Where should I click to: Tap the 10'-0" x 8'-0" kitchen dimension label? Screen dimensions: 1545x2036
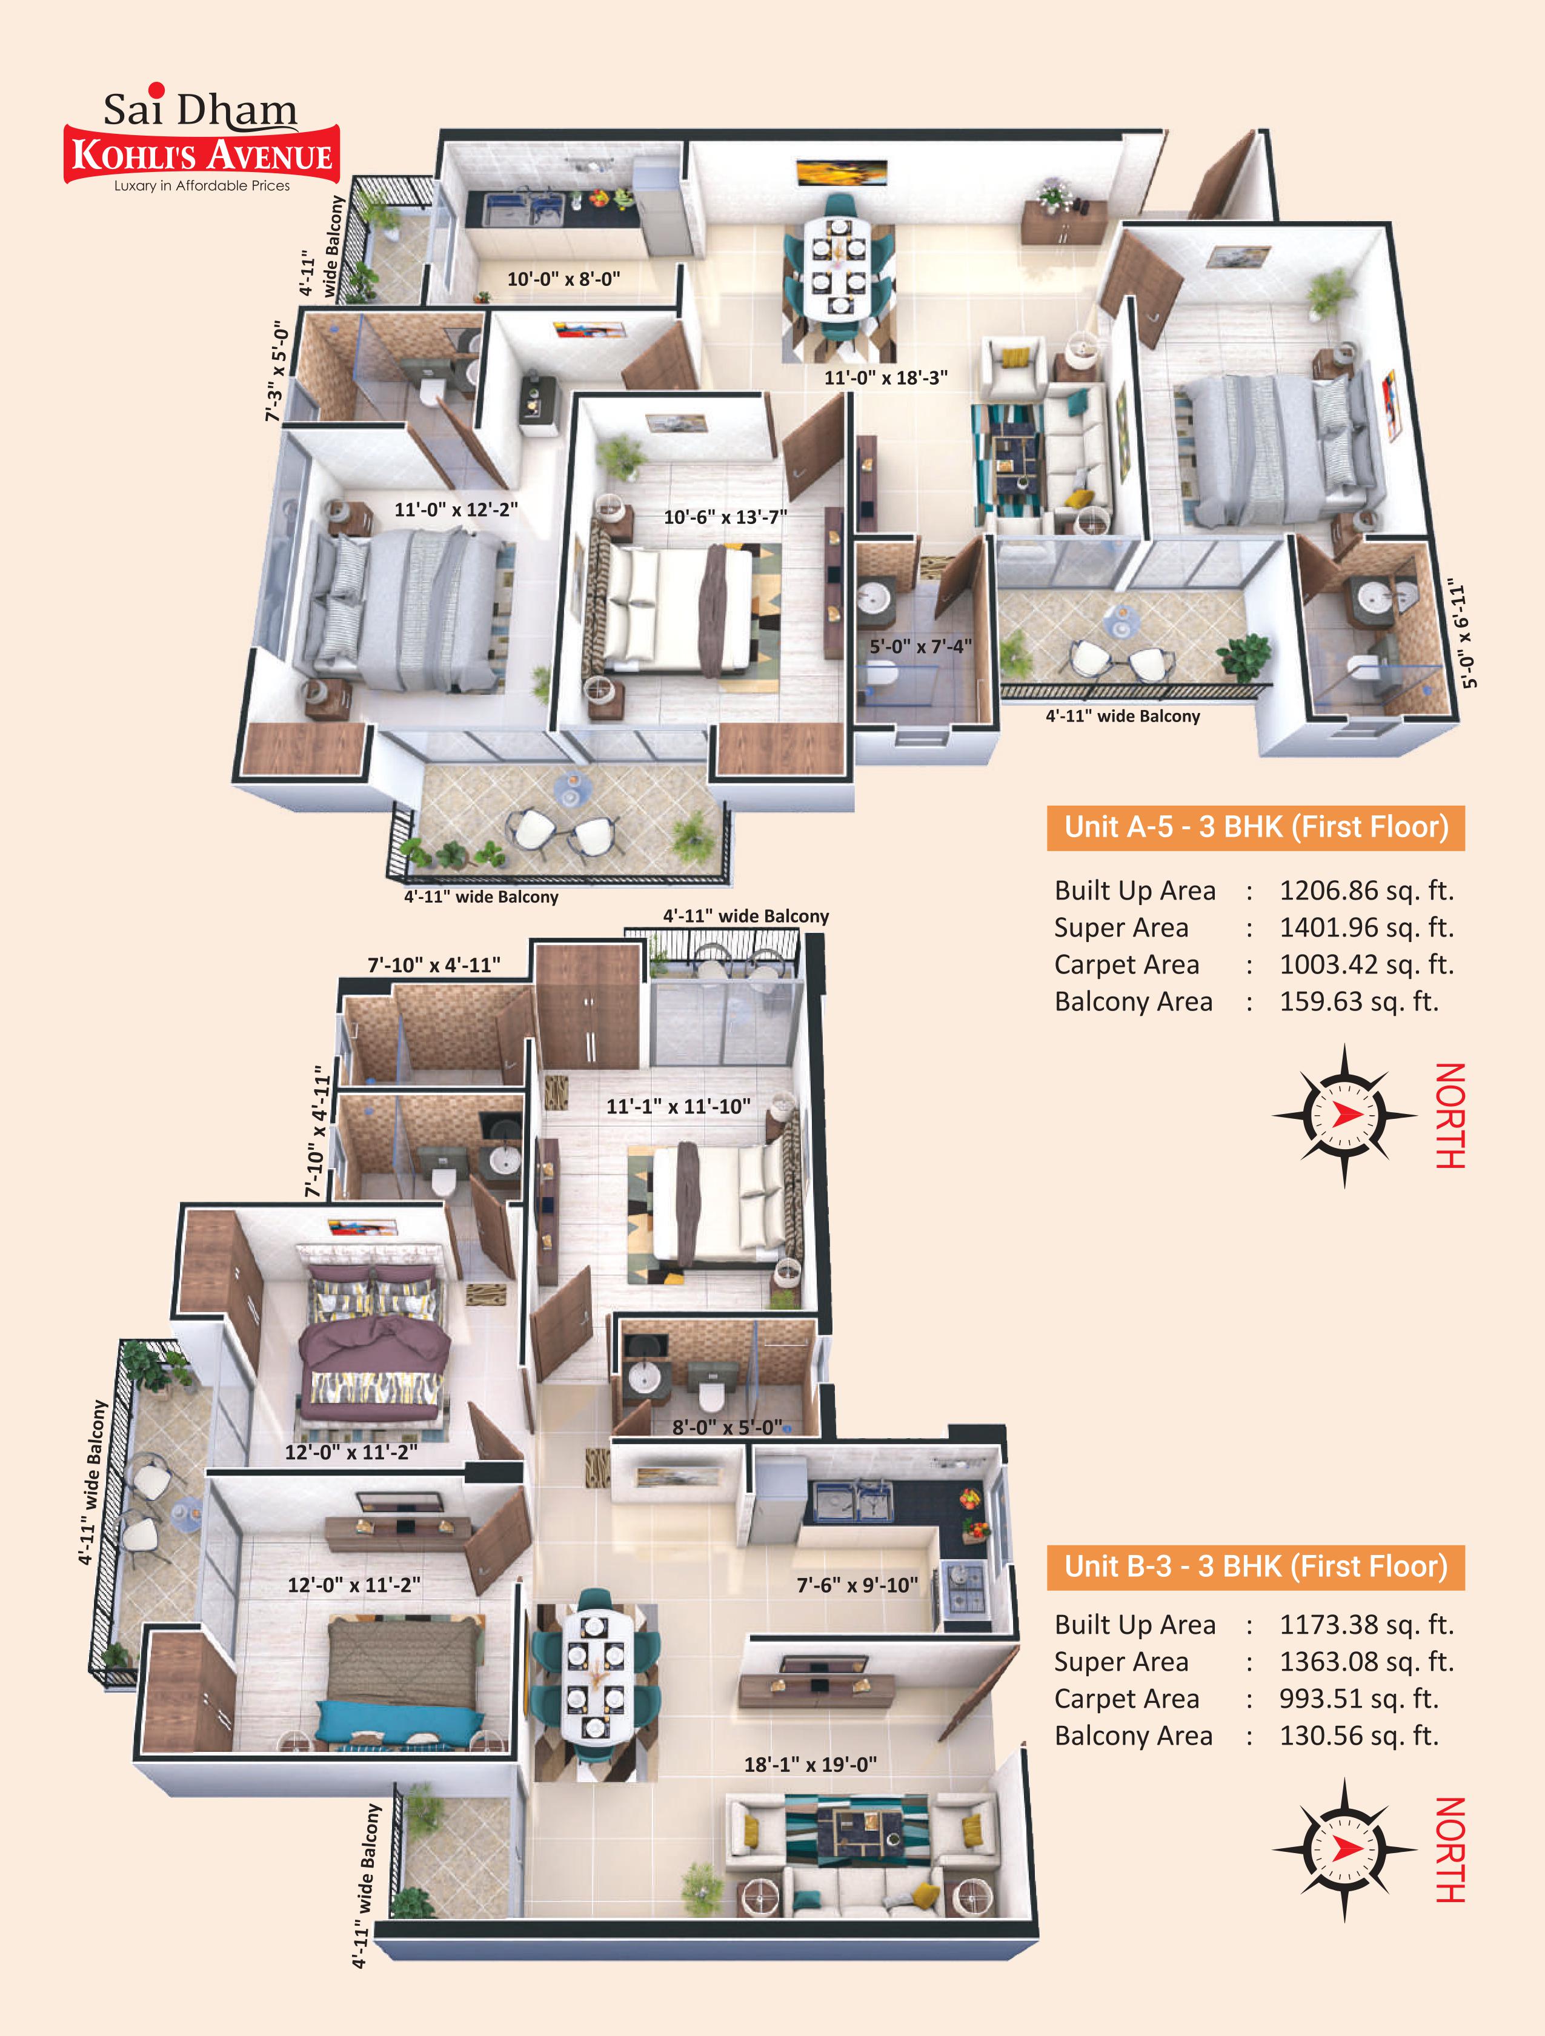click(x=563, y=278)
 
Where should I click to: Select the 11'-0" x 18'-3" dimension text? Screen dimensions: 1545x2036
click(x=886, y=377)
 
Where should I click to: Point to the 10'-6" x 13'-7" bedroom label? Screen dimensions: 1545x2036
click(x=725, y=517)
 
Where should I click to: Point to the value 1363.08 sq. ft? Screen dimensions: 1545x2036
click(x=1366, y=1662)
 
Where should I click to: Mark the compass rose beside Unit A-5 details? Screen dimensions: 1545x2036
click(x=1344, y=1116)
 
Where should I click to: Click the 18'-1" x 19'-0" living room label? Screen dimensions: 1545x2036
click(x=810, y=1765)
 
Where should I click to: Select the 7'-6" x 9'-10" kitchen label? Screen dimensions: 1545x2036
click(x=857, y=1585)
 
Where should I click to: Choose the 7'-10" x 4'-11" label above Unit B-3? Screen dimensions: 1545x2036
click(x=434, y=964)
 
